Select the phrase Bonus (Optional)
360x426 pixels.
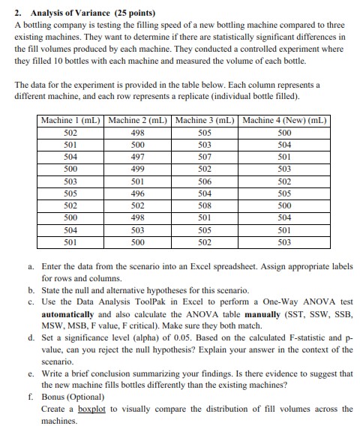point(71,397)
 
